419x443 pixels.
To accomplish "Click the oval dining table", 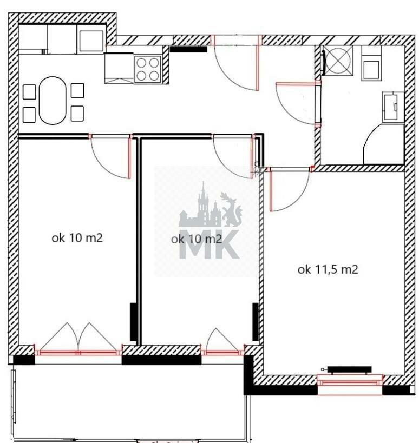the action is [x=53, y=100].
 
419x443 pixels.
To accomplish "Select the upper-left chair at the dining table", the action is [x=29, y=92].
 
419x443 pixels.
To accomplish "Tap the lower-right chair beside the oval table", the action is [x=77, y=113].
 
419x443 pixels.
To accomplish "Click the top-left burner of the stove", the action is [x=141, y=63].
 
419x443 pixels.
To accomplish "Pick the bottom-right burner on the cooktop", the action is [x=154, y=75].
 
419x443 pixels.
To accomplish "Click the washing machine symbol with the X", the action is [x=338, y=61].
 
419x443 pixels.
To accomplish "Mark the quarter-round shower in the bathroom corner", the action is [x=383, y=144].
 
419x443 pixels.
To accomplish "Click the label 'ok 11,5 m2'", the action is [x=328, y=269].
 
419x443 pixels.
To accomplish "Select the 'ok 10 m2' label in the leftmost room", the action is [x=77, y=238].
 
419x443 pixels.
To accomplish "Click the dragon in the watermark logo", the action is [x=231, y=209].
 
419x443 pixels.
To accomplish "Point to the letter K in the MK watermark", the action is [x=227, y=244].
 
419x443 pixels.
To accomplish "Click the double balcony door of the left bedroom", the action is [x=78, y=339].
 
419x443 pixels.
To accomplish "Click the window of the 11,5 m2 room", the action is [x=350, y=380].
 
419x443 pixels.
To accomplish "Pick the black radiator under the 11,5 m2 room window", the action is [x=349, y=369].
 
